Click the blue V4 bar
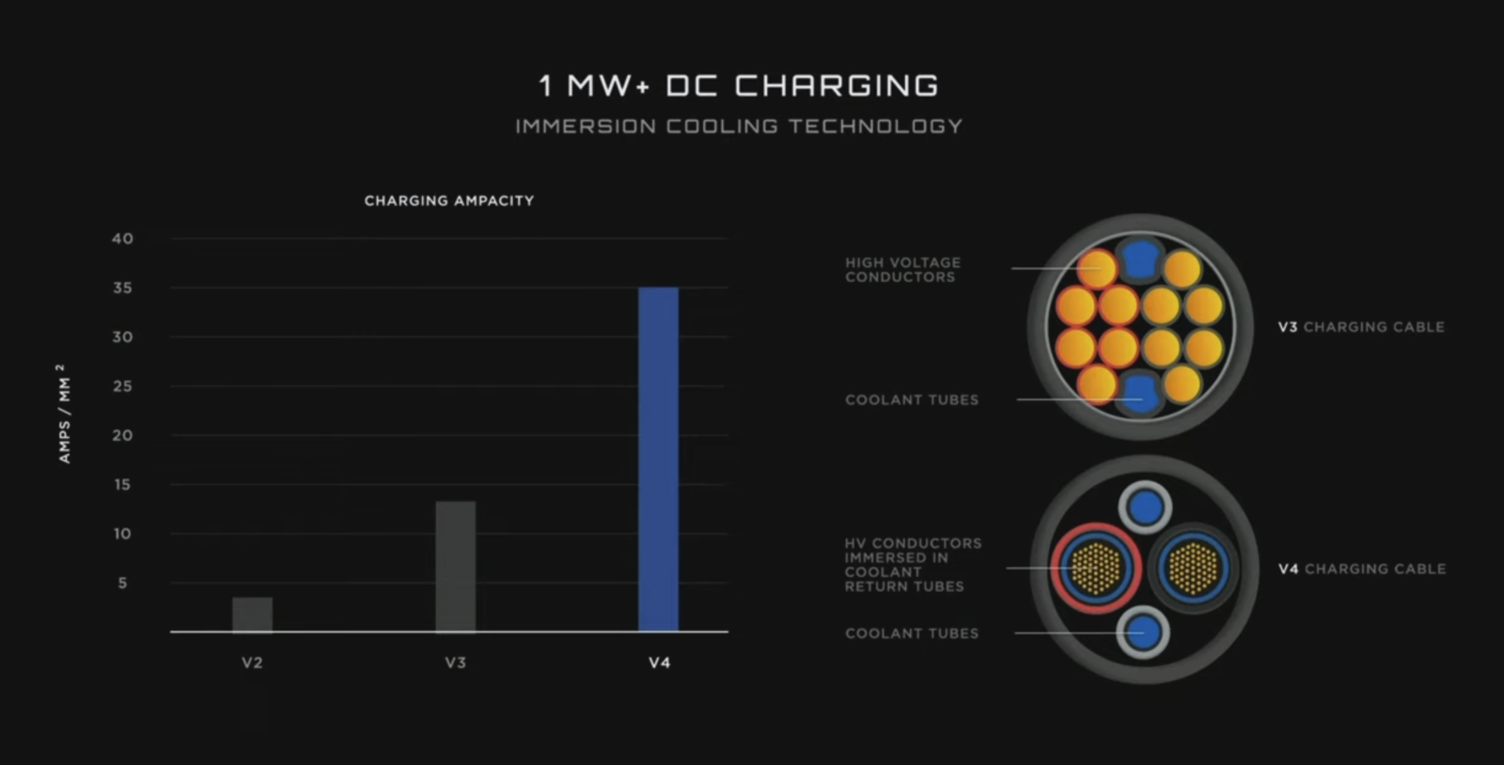(x=658, y=460)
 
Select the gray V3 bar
(x=455, y=567)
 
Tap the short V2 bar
(x=253, y=615)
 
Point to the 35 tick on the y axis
(x=123, y=288)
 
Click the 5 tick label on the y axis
(x=122, y=583)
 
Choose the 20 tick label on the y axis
(x=123, y=435)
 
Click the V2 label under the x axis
(x=253, y=663)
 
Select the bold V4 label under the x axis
(x=659, y=663)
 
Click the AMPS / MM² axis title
(x=64, y=414)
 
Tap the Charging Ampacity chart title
(x=449, y=200)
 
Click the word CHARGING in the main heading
(x=837, y=86)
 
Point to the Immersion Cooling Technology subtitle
(x=739, y=126)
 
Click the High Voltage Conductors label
(x=903, y=270)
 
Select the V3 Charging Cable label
(x=1361, y=327)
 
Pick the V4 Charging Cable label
(x=1362, y=570)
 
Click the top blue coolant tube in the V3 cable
(x=1140, y=258)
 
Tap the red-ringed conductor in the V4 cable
(x=1096, y=569)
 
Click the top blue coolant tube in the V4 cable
(x=1146, y=507)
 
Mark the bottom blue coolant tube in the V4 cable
(x=1143, y=632)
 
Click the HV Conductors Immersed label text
(x=913, y=565)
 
